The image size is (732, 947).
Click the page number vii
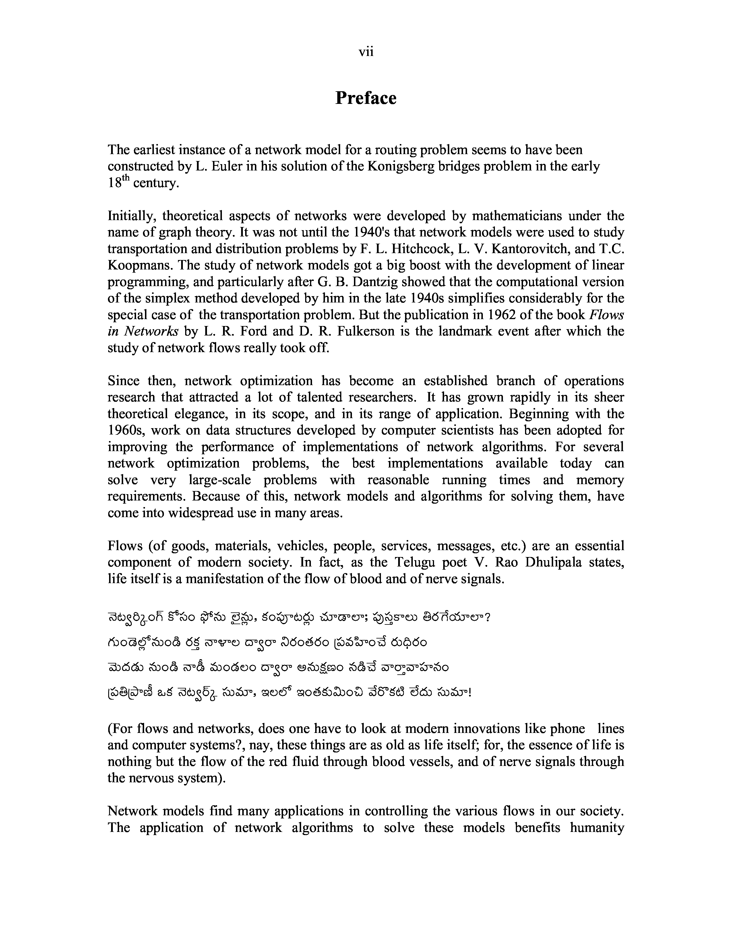366,53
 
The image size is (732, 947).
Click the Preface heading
365,98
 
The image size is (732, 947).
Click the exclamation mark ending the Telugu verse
470,693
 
